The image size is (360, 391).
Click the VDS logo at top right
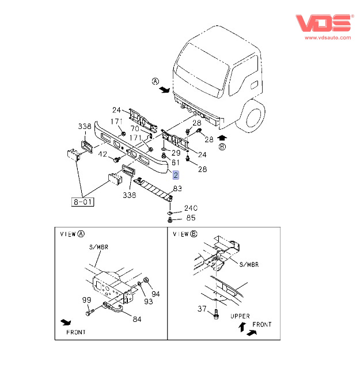[323, 22]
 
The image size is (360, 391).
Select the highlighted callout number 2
[176, 174]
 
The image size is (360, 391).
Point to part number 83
[177, 188]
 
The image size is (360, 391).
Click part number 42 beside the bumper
[103, 154]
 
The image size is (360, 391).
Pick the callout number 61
[176, 162]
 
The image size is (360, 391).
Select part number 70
[135, 128]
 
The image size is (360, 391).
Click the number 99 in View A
[86, 300]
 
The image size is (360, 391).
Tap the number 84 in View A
[136, 318]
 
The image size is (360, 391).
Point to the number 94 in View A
[156, 294]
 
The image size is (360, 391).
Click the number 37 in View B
[202, 309]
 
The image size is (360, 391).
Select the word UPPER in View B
[240, 316]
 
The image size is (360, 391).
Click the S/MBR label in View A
[98, 247]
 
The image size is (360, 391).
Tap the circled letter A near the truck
[155, 81]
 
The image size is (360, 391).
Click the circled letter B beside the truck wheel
[222, 146]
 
